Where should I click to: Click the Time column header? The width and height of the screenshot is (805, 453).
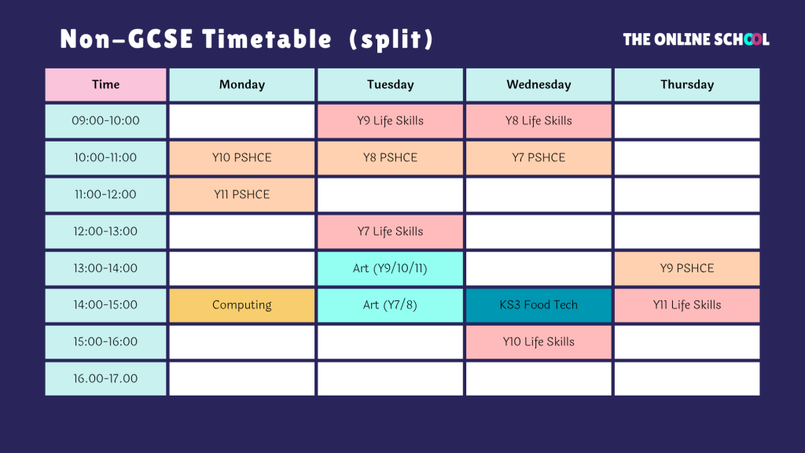106,85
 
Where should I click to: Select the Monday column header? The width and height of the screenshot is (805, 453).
242,85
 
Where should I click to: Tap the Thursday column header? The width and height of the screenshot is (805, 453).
687,85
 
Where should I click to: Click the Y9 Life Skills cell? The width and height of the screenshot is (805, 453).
390,121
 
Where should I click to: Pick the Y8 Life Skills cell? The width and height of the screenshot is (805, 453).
539,121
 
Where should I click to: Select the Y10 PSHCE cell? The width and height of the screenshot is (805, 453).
242,158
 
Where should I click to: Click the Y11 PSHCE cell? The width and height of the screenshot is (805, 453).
242,195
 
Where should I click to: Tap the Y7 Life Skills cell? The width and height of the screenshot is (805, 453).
390,232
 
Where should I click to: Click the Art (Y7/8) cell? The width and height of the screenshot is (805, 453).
390,305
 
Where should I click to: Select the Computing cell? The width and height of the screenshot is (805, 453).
242,305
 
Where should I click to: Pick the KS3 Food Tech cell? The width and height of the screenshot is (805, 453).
539,305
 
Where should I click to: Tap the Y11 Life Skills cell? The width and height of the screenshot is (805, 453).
687,305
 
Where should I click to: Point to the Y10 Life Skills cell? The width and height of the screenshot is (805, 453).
539,342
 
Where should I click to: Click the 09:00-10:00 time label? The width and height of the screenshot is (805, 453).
106,120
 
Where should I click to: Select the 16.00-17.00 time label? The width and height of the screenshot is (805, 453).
106,378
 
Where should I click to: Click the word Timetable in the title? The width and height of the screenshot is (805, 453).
267,39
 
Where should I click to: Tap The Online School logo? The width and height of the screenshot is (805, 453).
697,39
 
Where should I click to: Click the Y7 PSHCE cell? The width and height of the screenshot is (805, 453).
539,158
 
